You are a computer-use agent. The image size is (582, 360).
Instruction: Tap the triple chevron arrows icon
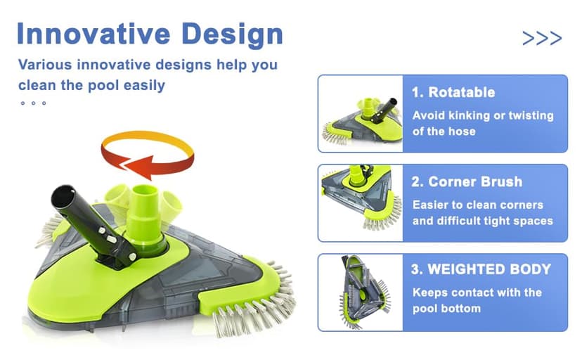click(x=542, y=38)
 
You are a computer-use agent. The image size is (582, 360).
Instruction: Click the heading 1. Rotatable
click(x=453, y=92)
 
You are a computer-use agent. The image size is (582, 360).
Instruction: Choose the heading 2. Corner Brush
click(x=466, y=181)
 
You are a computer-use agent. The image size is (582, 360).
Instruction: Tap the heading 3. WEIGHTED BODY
click(x=481, y=269)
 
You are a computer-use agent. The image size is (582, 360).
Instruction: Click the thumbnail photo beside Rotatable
click(x=360, y=113)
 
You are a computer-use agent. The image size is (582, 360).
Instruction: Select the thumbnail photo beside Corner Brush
click(x=360, y=202)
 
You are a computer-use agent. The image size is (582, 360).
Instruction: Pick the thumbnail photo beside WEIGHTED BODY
click(x=360, y=292)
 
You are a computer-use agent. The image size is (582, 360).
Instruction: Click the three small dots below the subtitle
click(x=33, y=103)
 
